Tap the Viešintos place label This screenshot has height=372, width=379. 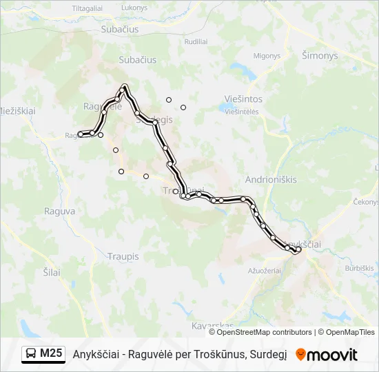(243, 99)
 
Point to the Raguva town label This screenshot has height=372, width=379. (59, 211)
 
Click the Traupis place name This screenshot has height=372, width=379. (123, 256)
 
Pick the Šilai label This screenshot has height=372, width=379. (51, 272)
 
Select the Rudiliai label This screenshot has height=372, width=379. (196, 41)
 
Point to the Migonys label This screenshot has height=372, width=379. (266, 56)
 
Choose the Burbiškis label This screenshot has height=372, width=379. (360, 268)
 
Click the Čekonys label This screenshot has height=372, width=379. (366, 202)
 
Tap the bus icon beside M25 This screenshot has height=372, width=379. (31, 354)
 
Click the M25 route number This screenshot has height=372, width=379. (51, 354)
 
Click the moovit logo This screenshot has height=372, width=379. (326, 355)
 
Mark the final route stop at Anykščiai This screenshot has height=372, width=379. (298, 250)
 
